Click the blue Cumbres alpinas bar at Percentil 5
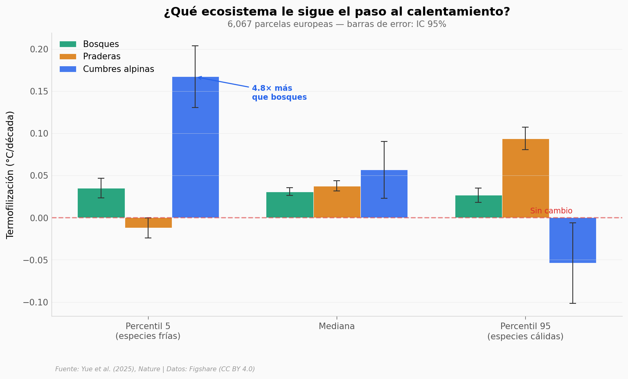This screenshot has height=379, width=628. tap(195, 147)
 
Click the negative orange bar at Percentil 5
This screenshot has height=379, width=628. tap(148, 222)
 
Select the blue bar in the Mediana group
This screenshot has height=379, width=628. tap(384, 194)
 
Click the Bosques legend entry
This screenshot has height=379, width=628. tap(101, 44)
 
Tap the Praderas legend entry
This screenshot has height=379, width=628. tap(101, 57)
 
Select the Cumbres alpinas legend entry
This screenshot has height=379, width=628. tap(118, 70)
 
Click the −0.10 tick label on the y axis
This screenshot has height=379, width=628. tap(36, 303)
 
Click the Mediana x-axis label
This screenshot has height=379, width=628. tap(337, 327)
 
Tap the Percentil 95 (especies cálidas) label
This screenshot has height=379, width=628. tap(525, 332)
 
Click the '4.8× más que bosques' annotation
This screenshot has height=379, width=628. tap(279, 93)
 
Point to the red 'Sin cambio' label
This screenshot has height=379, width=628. tap(551, 211)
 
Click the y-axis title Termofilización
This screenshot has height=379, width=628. tap(10, 175)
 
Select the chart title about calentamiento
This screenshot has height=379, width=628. tap(337, 12)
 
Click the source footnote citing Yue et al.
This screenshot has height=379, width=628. tap(155, 369)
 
